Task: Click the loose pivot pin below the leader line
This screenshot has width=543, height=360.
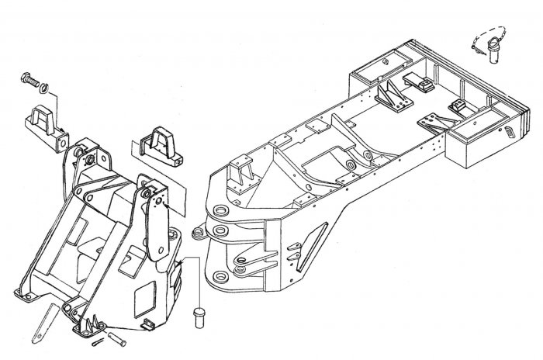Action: (x=197, y=316)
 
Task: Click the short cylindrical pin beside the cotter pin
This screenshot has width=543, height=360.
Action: (x=118, y=338)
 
